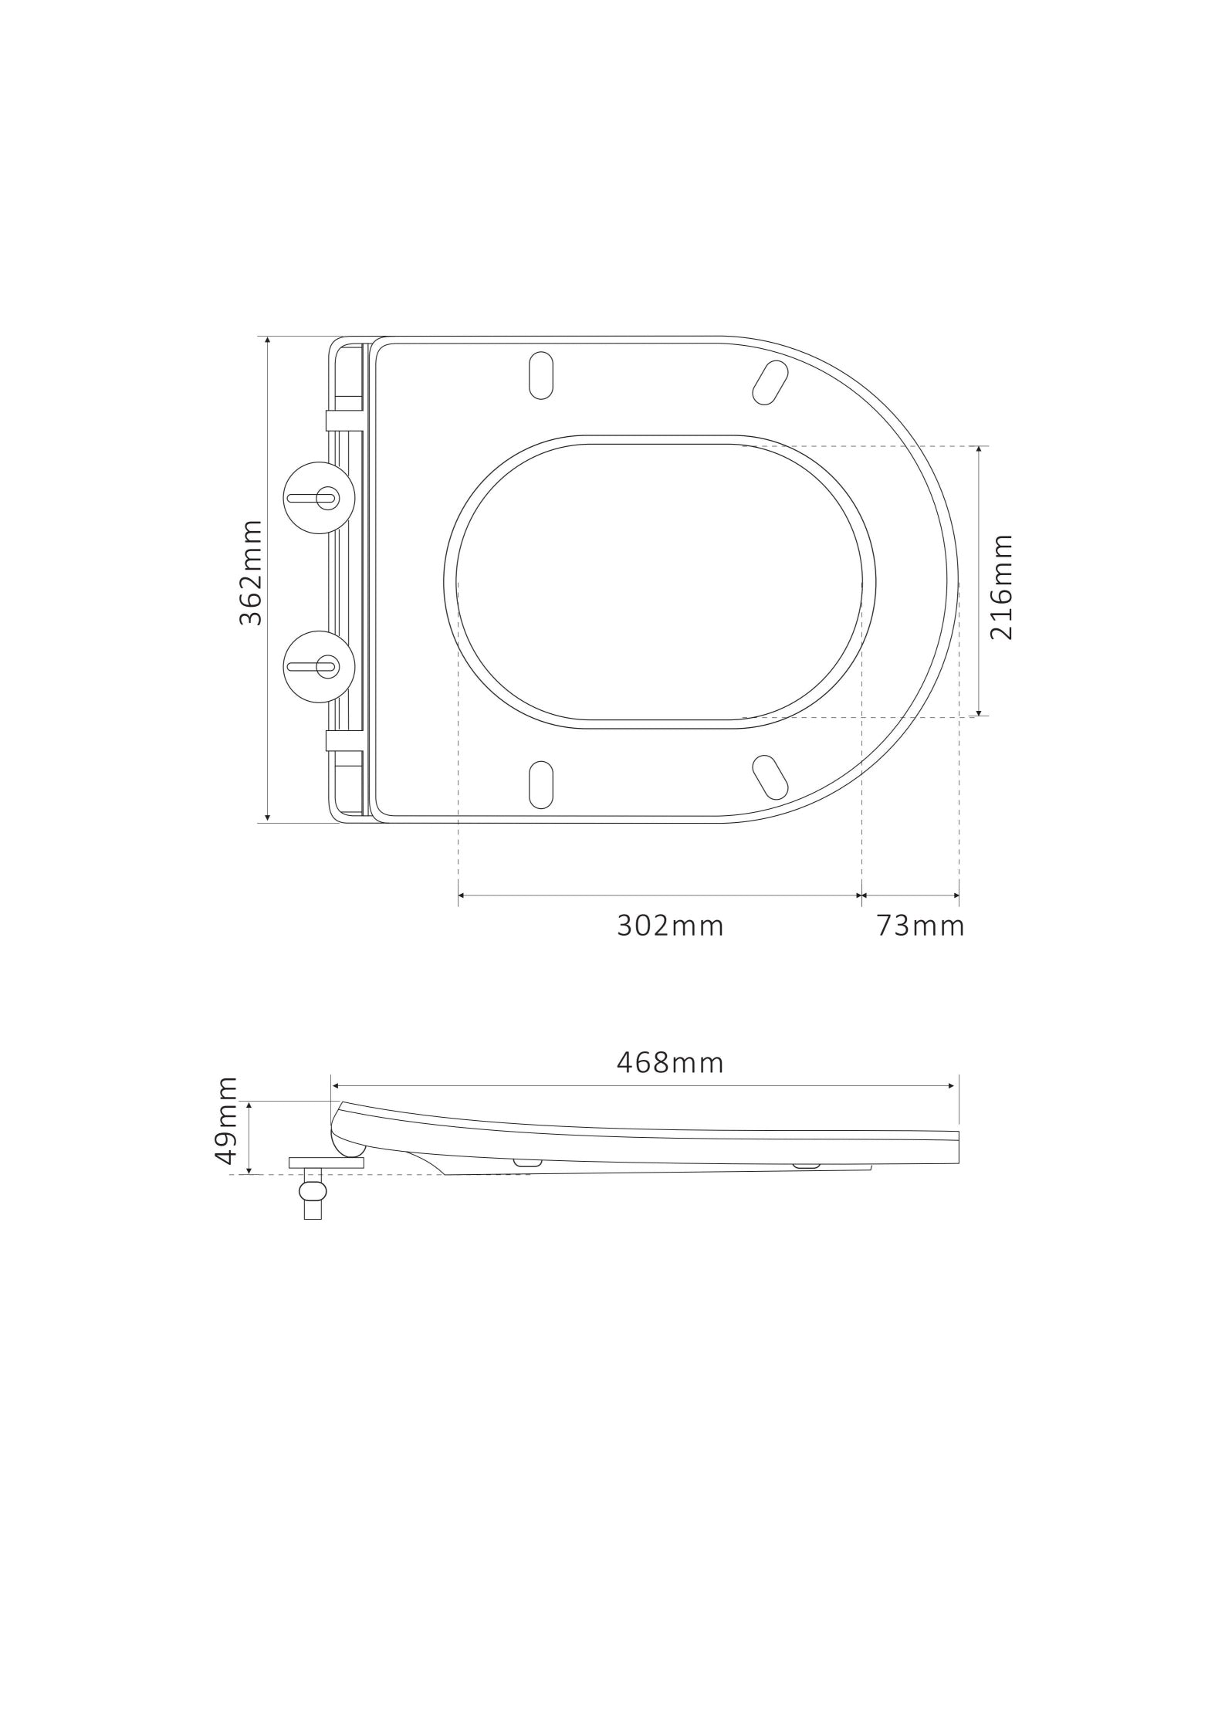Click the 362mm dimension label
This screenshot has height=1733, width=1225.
click(251, 573)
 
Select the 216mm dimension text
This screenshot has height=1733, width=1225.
click(1001, 587)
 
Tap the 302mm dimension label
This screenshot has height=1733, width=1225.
click(670, 925)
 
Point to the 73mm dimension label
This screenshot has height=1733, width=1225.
click(920, 925)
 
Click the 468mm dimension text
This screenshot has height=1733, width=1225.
click(670, 1062)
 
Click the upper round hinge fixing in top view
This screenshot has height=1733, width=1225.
click(319, 498)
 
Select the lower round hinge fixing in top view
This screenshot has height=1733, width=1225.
click(319, 665)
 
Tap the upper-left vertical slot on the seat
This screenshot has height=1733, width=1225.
click(541, 375)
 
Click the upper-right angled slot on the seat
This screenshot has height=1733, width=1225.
click(770, 382)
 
